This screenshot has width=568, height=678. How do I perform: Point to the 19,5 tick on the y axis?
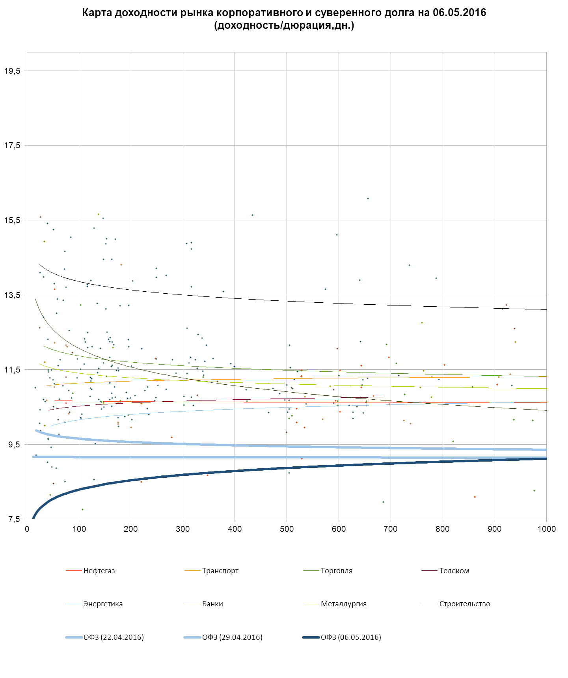pyautogui.click(x=12, y=71)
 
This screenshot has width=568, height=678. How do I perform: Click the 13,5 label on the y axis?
pyautogui.click(x=12, y=295)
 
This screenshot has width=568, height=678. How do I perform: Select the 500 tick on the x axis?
pyautogui.click(x=287, y=529)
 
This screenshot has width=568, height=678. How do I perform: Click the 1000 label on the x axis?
pyautogui.click(x=546, y=529)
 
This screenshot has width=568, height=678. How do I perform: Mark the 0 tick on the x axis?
pyautogui.click(x=27, y=529)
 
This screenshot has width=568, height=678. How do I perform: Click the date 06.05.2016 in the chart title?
pyautogui.click(x=459, y=13)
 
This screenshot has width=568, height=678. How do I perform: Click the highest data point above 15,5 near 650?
pyautogui.click(x=368, y=199)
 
